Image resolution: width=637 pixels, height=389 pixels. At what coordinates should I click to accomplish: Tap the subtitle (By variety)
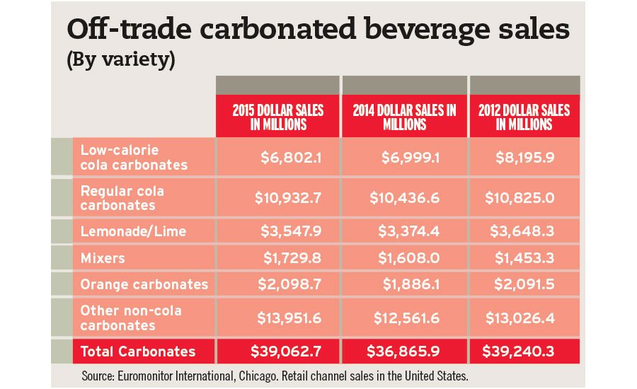[x=120, y=59]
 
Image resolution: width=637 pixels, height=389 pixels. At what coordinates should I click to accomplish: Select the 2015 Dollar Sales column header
[x=277, y=117]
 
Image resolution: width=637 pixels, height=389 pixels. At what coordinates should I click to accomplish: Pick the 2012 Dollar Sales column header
[x=524, y=117]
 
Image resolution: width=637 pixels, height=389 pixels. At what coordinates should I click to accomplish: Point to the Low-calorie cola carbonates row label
[x=134, y=157]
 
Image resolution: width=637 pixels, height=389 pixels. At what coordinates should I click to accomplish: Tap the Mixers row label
[x=103, y=258]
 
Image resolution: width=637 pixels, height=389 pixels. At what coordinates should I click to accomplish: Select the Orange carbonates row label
[x=144, y=284]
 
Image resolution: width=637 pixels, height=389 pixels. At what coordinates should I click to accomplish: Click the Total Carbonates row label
[x=138, y=351]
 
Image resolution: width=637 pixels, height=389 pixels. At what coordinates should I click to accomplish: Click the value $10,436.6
[x=404, y=198]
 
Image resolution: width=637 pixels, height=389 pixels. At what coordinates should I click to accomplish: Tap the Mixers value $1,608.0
[x=410, y=258]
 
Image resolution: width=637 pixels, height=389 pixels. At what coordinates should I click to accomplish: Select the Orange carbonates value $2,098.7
[x=291, y=284]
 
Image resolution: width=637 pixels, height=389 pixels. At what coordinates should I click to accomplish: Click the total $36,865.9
[x=404, y=351]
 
